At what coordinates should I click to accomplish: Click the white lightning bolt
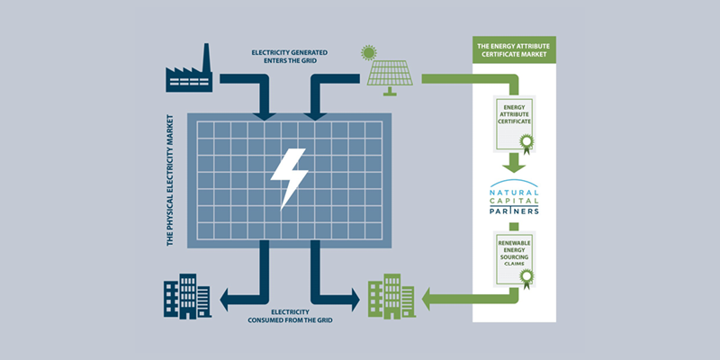pyautogui.click(x=290, y=175)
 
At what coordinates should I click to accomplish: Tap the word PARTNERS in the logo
pyautogui.click(x=515, y=214)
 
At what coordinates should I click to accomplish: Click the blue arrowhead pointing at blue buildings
pyautogui.click(x=228, y=296)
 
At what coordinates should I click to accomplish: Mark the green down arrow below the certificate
pyautogui.click(x=514, y=163)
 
